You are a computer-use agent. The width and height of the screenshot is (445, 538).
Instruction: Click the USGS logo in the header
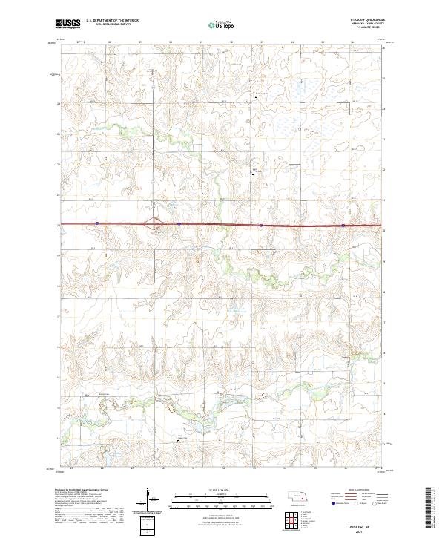click(x=68, y=24)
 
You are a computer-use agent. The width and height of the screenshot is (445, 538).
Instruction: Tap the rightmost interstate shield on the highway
click(x=343, y=225)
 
